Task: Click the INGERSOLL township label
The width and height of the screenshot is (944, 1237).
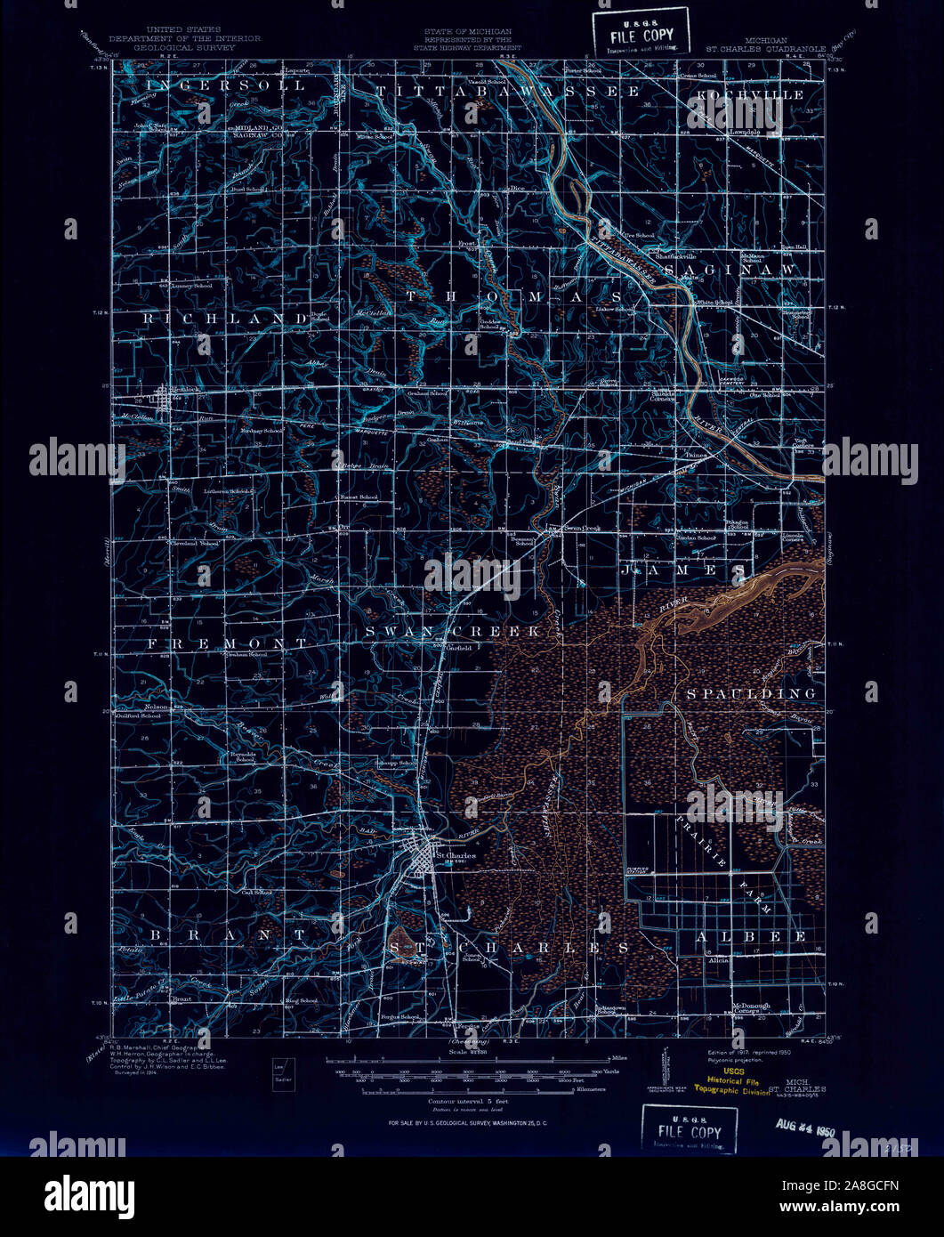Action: pyautogui.click(x=227, y=85)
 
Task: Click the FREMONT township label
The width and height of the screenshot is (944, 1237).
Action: pyautogui.click(x=228, y=643)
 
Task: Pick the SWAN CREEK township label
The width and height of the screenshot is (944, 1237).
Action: pyautogui.click(x=453, y=631)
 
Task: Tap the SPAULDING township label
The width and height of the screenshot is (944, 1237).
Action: pyautogui.click(x=751, y=692)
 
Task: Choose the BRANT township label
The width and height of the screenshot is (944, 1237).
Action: pyautogui.click(x=228, y=935)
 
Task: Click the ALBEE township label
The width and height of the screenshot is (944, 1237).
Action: pyautogui.click(x=751, y=936)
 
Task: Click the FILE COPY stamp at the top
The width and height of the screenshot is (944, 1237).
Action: pyautogui.click(x=641, y=33)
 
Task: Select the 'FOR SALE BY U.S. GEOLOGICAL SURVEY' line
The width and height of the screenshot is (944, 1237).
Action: pyautogui.click(x=467, y=1123)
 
